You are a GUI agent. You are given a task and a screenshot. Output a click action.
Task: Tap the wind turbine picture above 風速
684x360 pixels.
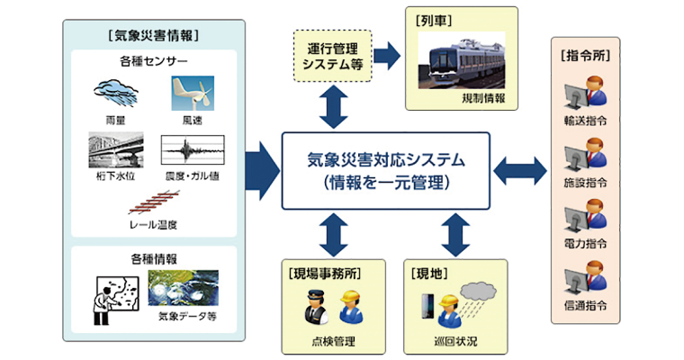click(193, 93)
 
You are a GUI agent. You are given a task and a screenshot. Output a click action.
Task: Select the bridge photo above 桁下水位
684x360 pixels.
click(115, 150)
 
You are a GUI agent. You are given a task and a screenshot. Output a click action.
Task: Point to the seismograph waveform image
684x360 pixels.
click(193, 150)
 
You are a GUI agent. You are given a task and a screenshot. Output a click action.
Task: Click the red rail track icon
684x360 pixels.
click(154, 202)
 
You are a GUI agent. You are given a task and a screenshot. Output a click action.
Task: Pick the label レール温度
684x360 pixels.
click(154, 225)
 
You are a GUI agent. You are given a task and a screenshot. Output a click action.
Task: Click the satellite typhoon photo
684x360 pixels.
click(183, 288)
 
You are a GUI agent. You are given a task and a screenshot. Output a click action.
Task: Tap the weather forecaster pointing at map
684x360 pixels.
click(115, 301)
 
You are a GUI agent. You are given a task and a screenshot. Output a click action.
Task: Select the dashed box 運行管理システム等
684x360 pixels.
click(333, 56)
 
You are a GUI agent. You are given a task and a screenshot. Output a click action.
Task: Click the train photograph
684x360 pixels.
click(462, 60)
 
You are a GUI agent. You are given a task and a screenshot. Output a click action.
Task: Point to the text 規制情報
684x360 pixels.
click(483, 99)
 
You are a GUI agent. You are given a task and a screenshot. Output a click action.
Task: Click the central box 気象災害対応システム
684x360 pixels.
click(385, 171)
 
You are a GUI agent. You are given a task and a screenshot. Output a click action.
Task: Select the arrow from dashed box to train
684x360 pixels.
click(387, 56)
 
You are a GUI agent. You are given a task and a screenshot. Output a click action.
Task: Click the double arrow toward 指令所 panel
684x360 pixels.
click(520, 171)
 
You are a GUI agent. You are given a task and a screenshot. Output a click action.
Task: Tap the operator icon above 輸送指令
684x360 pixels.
click(585, 93)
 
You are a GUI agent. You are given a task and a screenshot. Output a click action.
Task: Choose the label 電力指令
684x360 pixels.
click(585, 244)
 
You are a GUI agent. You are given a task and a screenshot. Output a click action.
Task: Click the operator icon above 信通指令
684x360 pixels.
click(585, 277)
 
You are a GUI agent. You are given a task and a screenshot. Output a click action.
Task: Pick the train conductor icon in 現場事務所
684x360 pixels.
click(316, 307)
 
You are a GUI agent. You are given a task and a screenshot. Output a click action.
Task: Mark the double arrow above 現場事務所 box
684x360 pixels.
click(334, 235)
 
